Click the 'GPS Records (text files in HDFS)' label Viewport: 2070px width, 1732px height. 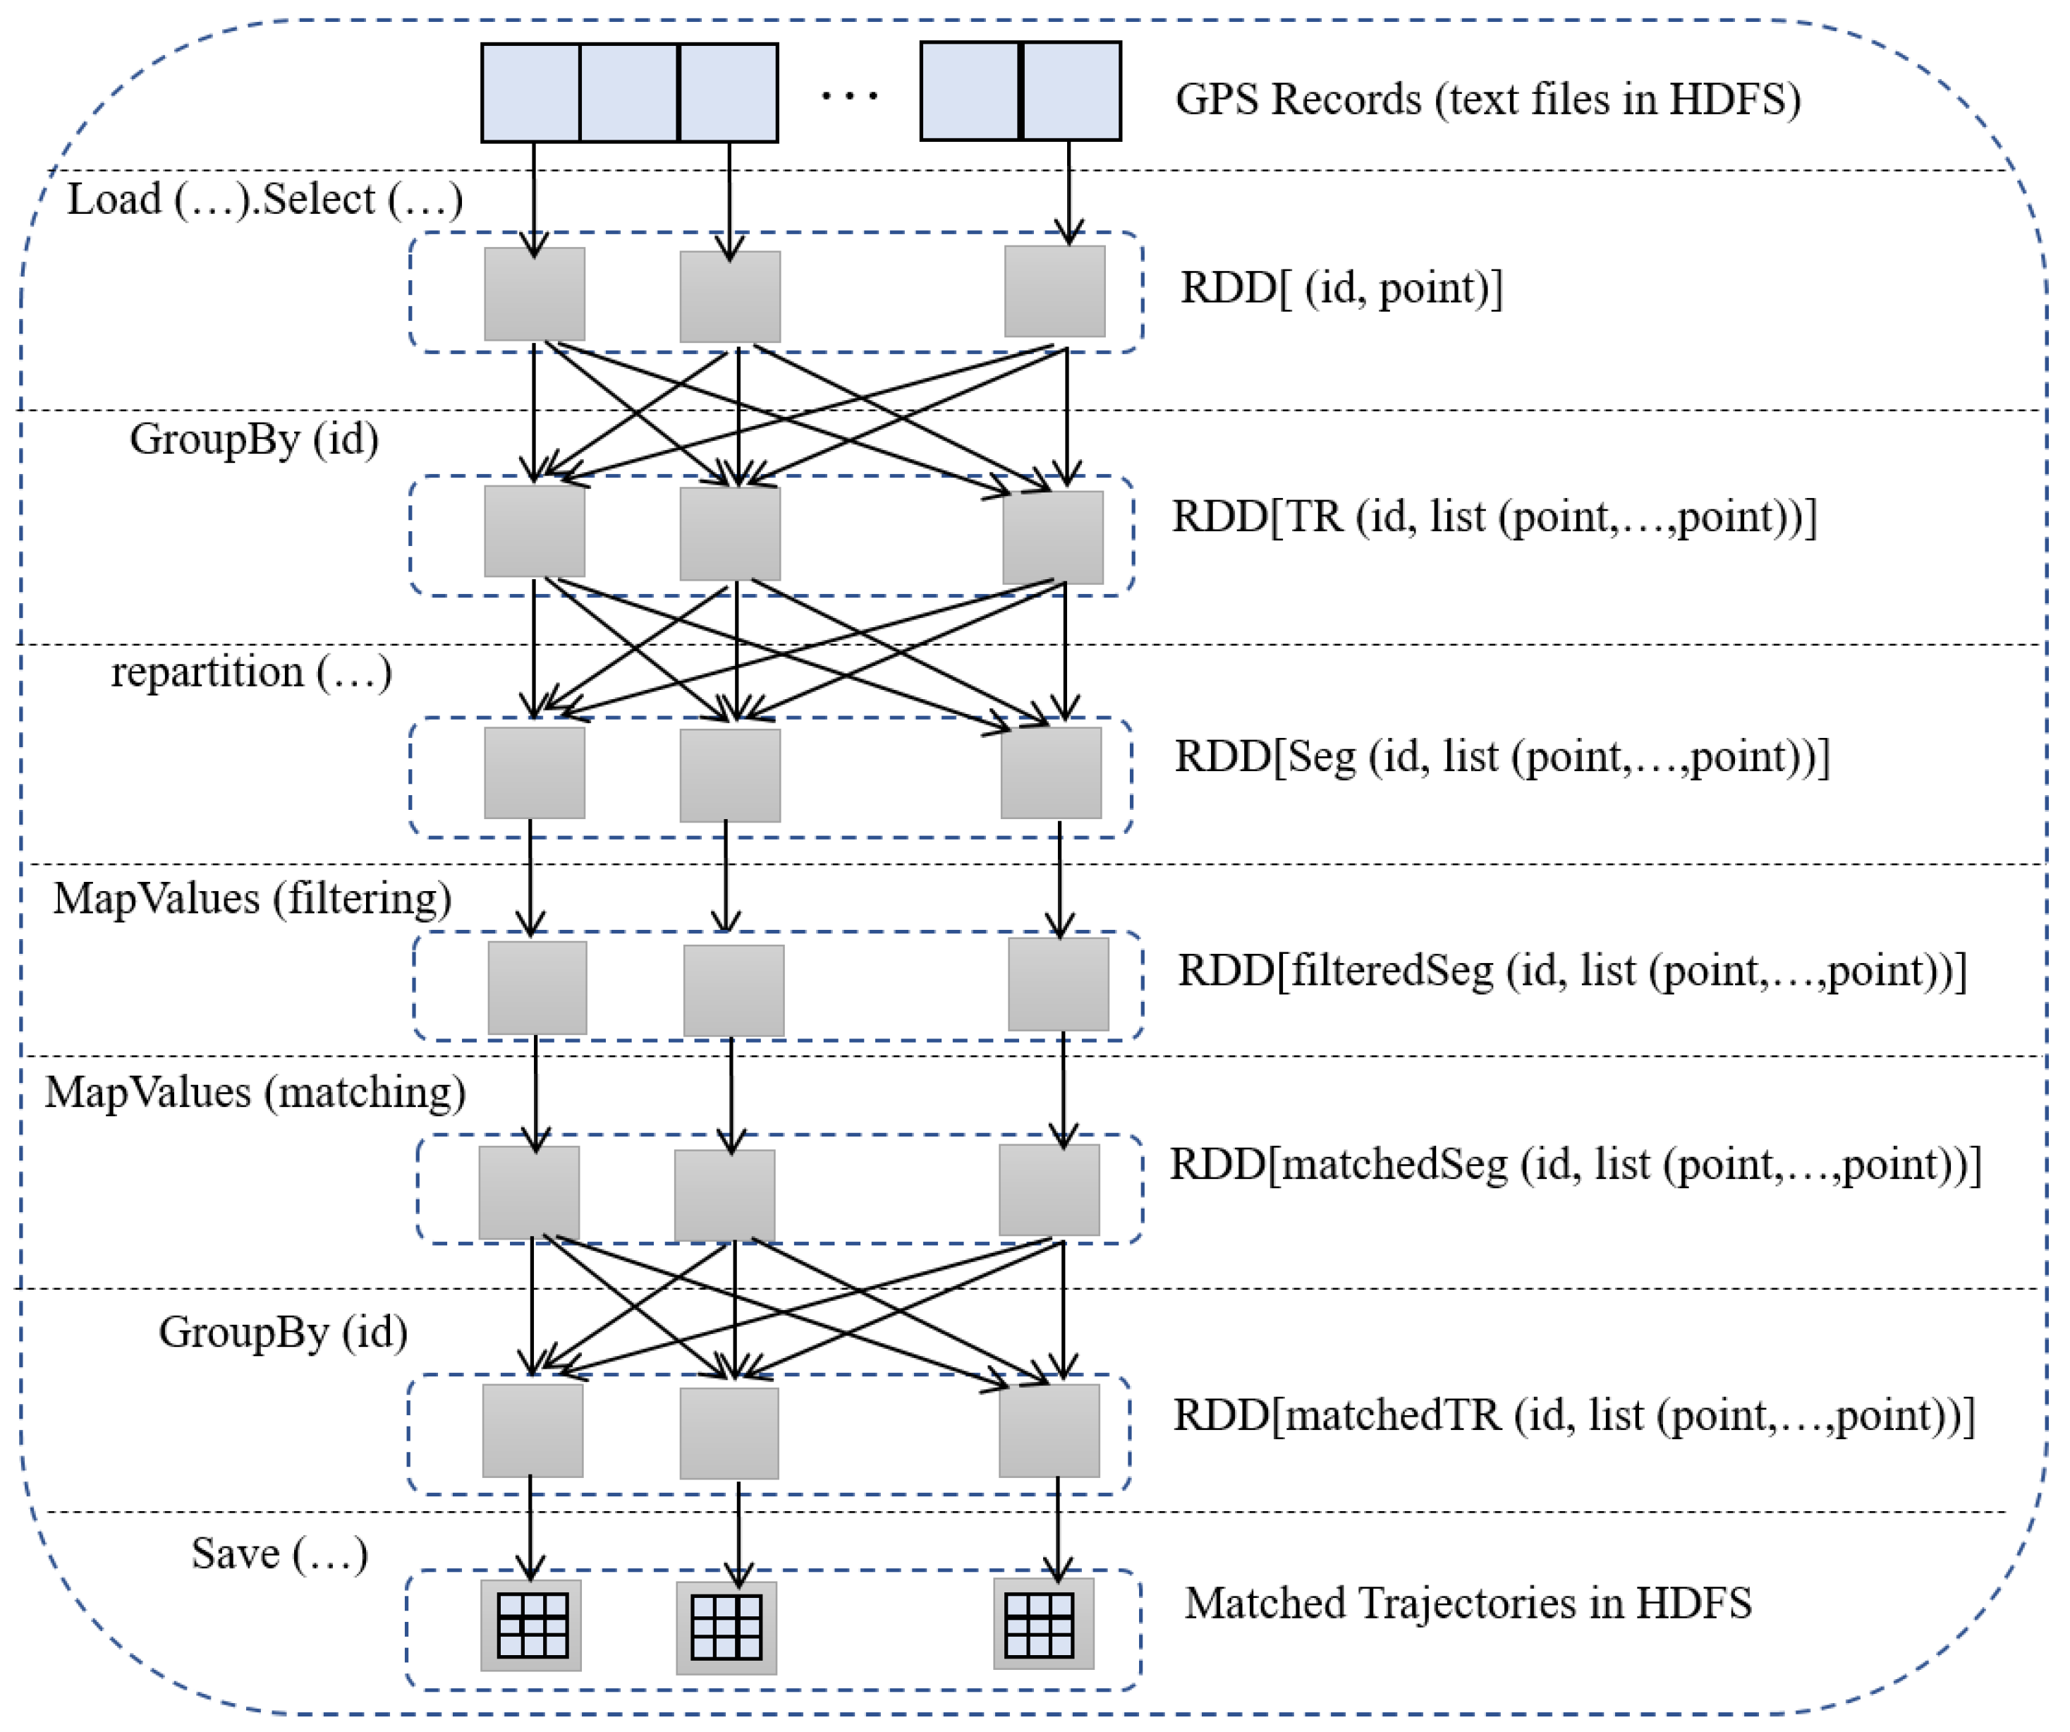point(1487,99)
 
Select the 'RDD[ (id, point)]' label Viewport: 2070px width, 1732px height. point(1341,289)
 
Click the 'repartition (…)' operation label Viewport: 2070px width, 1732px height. point(251,672)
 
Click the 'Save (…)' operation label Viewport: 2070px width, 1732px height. point(279,1554)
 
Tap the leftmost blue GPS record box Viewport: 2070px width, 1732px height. point(530,92)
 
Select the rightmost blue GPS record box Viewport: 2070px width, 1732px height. point(1071,91)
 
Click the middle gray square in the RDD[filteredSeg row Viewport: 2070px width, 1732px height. point(733,990)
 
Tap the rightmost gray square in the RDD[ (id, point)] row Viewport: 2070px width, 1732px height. point(1054,291)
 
